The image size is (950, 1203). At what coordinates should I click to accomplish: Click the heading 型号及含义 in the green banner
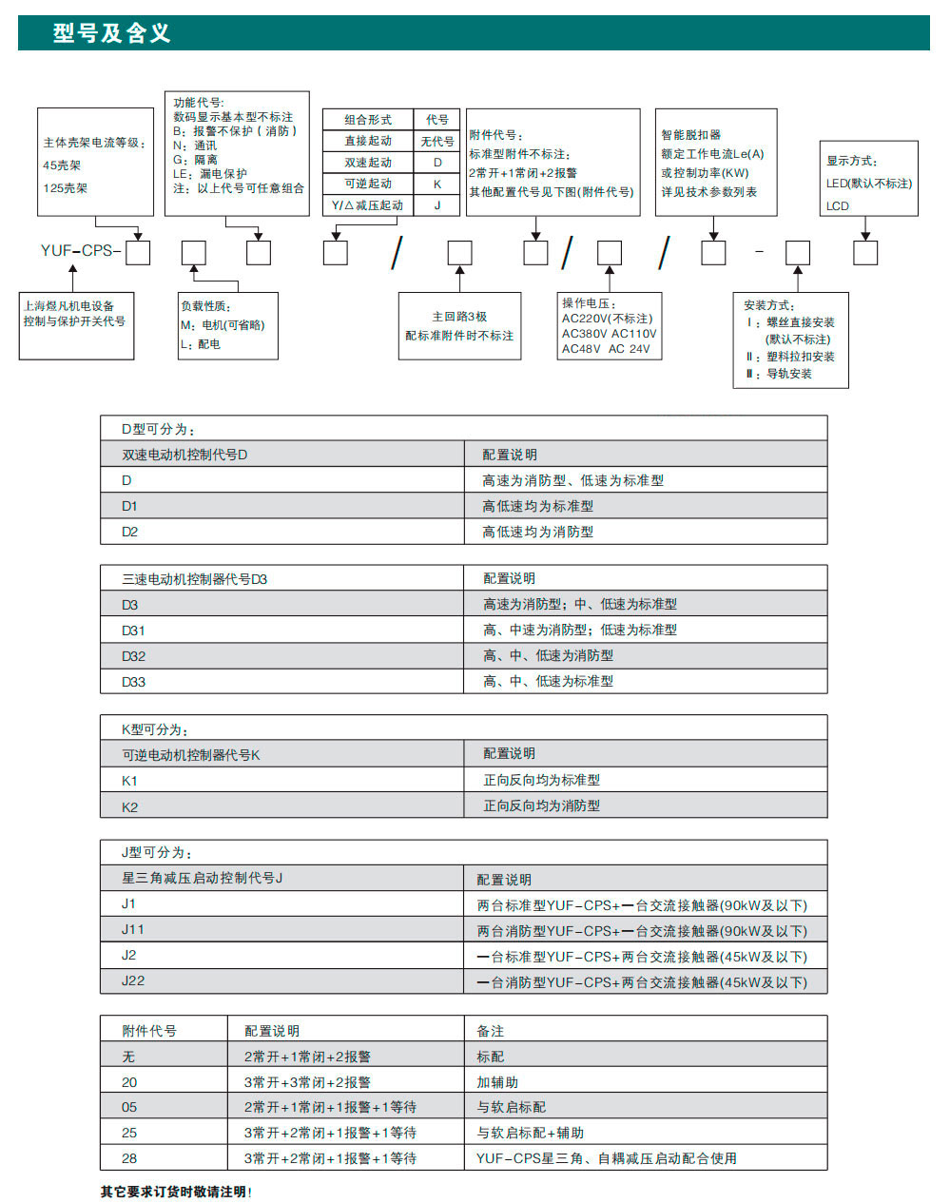pos(112,33)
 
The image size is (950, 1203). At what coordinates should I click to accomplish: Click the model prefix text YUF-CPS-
pos(81,251)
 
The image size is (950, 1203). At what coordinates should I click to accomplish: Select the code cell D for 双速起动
pos(437,163)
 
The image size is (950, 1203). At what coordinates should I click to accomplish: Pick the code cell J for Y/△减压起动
pos(437,205)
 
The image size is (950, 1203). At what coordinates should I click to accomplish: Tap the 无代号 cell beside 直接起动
pos(437,142)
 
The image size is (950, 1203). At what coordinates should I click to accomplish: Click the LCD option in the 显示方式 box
pos(838,205)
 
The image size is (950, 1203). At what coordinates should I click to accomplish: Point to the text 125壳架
pos(66,188)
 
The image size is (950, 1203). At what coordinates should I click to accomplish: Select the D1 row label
pos(130,506)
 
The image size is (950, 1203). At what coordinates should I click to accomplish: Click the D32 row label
pos(134,656)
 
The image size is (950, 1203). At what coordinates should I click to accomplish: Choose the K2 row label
pos(130,806)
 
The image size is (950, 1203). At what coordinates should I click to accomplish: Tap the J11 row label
pos(133,930)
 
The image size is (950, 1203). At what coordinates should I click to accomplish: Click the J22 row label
pos(133,981)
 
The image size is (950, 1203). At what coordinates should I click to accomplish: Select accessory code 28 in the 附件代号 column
pos(129,1158)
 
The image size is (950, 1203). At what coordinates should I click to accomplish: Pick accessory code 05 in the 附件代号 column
pos(129,1107)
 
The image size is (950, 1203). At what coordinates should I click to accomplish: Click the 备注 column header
pos(491,1031)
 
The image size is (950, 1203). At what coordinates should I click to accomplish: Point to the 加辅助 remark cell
pos(497,1082)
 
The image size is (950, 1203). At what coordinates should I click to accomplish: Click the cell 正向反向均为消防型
pos(542,806)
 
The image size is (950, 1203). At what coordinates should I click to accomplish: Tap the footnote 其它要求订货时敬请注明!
pos(177,1192)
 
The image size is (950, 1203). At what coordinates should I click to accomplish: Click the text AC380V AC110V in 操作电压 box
pos(609,334)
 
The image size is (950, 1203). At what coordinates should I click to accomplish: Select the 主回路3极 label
pos(459,317)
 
